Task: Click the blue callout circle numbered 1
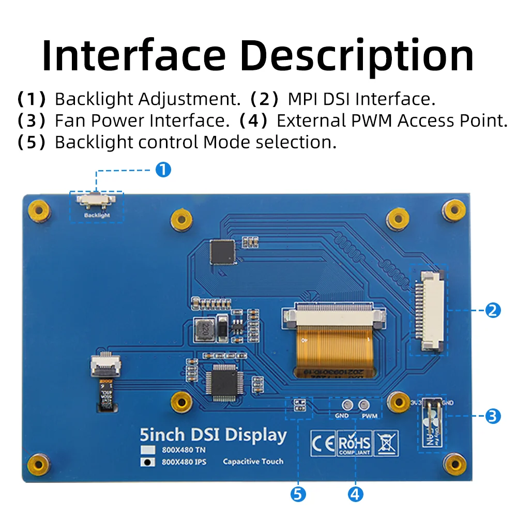pos(163,170)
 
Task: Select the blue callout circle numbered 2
pos(493,310)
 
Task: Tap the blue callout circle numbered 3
pos(493,416)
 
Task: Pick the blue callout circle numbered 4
pos(355,494)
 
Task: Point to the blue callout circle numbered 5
pos(297,494)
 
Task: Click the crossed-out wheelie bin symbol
pos(387,444)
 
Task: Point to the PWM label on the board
pos(369,416)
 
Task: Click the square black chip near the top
pos(222,252)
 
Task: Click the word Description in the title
pos(357,55)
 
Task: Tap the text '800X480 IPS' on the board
pos(184,462)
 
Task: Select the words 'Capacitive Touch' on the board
pos(253,461)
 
